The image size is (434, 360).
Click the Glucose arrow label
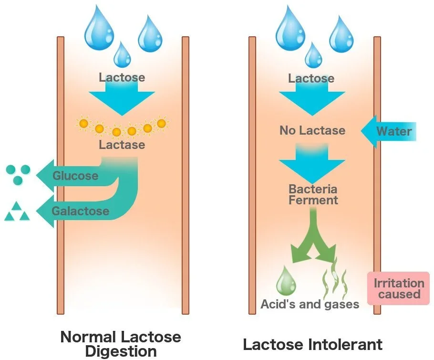pyautogui.click(x=75, y=176)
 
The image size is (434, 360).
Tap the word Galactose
pyautogui.click(x=81, y=211)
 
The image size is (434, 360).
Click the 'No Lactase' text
pyautogui.click(x=312, y=130)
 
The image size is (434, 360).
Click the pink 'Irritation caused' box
pyautogui.click(x=399, y=288)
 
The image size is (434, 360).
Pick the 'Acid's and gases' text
pyautogui.click(x=310, y=304)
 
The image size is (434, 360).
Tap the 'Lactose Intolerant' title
pyautogui.click(x=312, y=344)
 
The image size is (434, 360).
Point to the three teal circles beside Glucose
pyautogui.click(x=18, y=174)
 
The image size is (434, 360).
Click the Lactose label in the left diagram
pyautogui.click(x=122, y=77)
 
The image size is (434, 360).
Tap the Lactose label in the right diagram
pyautogui.click(x=311, y=78)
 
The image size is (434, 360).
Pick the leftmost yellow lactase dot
pyautogui.click(x=83, y=124)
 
